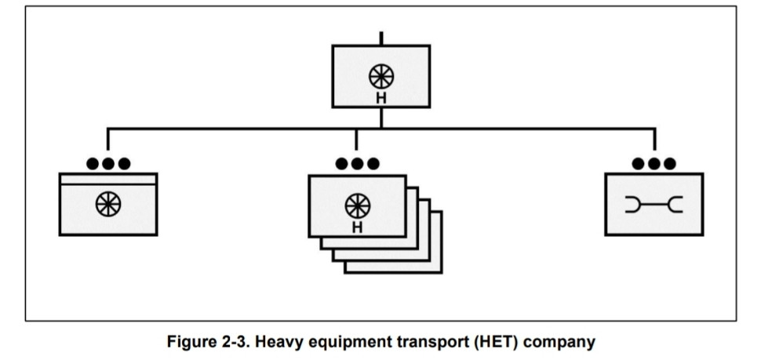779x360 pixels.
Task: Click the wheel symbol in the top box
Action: point(381,77)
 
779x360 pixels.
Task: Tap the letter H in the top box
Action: point(381,98)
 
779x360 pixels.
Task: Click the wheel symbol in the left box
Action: point(108,204)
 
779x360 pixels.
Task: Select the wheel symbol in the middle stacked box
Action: point(357,205)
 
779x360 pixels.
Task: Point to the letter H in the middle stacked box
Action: point(357,227)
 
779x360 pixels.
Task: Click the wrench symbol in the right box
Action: point(653,205)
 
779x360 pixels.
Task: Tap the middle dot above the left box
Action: point(108,163)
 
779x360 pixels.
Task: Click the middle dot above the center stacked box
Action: point(357,163)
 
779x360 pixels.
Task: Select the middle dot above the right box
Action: point(653,163)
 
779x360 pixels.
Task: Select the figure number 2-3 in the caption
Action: point(236,342)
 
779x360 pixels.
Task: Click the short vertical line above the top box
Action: point(381,38)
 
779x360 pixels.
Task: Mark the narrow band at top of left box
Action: point(108,180)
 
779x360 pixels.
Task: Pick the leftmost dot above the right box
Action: point(639,163)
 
